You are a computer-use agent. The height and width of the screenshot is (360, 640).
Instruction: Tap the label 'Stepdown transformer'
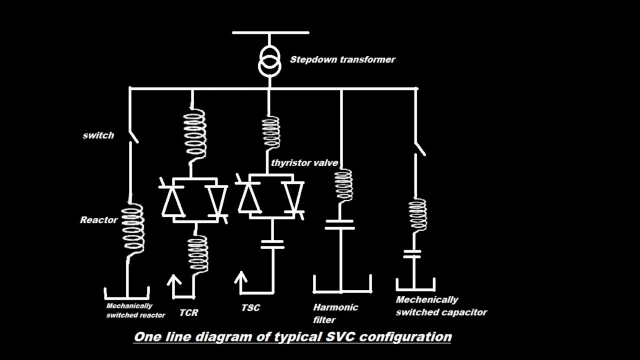[342, 59]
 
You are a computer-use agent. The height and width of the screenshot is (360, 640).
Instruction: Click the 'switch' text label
[98, 135]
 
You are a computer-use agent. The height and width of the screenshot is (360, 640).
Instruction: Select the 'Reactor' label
[99, 220]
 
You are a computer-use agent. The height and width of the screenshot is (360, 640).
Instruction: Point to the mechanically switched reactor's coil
[133, 228]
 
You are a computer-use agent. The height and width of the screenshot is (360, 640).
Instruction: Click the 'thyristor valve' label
[304, 163]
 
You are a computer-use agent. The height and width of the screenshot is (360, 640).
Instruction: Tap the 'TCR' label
[188, 313]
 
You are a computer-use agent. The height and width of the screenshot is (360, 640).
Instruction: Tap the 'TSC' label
[250, 308]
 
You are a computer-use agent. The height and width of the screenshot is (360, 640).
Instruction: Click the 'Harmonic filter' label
[335, 313]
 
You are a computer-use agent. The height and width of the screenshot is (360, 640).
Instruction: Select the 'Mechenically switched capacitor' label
[441, 306]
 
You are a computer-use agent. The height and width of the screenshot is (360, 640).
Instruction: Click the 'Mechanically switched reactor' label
[135, 310]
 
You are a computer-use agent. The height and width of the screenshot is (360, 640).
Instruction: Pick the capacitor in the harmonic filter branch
[339, 224]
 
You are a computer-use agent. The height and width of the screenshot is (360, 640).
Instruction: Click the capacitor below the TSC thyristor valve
[272, 244]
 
